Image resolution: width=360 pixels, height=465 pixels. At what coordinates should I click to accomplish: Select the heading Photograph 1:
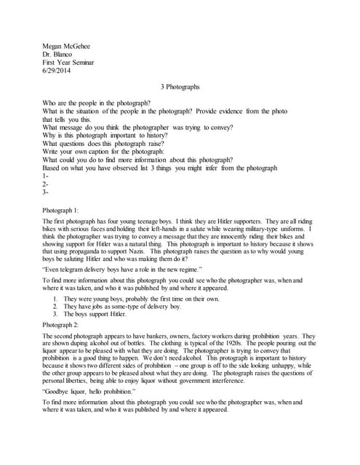pyautogui.click(x=63, y=210)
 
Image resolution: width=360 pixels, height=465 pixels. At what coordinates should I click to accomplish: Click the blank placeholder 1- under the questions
pyautogui.click(x=46, y=176)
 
